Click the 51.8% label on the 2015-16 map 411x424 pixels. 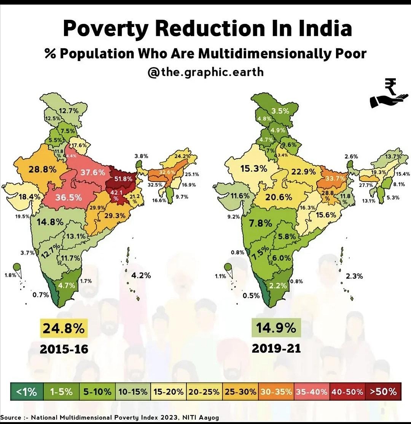tap(123, 179)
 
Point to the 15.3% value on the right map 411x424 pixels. tap(253, 168)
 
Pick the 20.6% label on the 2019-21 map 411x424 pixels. tap(279, 197)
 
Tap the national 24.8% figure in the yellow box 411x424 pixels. tap(64, 328)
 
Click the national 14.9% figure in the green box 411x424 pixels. tap(276, 328)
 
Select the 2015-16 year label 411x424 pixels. tap(64, 349)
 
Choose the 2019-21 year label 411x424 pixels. tap(276, 348)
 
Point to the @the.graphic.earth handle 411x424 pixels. tap(205, 72)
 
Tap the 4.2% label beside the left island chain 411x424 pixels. tap(141, 275)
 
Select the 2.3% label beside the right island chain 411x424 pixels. tap(354, 276)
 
